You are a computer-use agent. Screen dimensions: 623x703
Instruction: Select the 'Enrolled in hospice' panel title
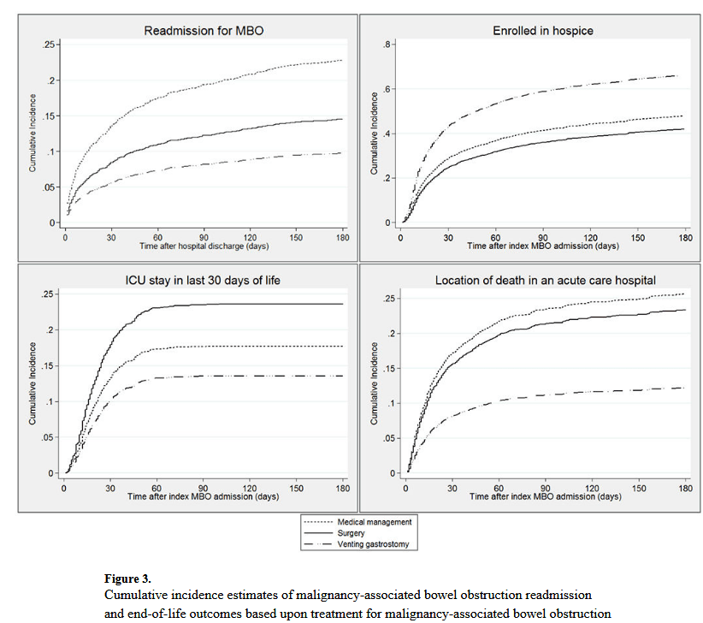pos(543,31)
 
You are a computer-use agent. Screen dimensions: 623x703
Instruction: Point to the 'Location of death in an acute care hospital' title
pos(545,280)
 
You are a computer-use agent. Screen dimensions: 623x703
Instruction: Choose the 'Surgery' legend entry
pos(351,533)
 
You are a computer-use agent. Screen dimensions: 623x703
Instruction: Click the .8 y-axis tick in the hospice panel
pos(387,44)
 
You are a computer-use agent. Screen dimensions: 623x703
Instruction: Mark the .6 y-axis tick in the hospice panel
pos(387,89)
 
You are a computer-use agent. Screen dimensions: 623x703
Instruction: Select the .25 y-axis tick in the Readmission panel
pos(50,44)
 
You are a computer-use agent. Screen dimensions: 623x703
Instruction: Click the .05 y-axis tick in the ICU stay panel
pos(50,436)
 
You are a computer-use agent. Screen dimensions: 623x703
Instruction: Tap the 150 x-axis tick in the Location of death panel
pos(641,488)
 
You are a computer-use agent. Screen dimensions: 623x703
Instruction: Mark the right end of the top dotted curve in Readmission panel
pos(342,60)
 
